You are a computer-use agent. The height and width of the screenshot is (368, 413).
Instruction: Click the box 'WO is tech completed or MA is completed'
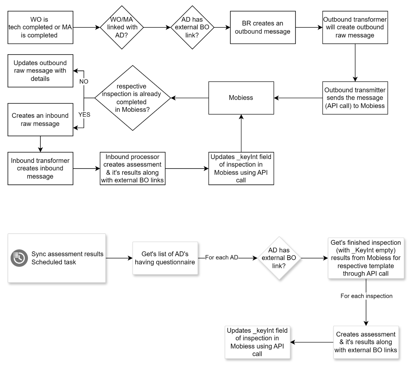(x=40, y=27)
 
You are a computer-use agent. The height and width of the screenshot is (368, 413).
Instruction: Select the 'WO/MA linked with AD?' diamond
(x=122, y=27)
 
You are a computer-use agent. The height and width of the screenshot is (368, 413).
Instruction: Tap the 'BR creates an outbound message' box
(x=263, y=27)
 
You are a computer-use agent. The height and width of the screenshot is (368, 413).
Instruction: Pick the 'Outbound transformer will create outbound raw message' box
(x=355, y=27)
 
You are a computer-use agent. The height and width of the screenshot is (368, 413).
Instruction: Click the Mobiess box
(x=241, y=98)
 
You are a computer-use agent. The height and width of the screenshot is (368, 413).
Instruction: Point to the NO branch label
(x=84, y=82)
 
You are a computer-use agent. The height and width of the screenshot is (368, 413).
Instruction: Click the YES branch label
(x=84, y=115)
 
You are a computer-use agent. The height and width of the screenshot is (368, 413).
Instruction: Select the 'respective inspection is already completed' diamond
(x=132, y=98)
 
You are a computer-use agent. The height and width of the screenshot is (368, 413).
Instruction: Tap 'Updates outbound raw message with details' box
(x=40, y=71)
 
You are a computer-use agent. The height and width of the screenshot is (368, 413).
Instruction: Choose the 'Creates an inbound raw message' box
(x=40, y=120)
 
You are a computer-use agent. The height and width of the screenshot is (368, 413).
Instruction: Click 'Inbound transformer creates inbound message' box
(x=40, y=168)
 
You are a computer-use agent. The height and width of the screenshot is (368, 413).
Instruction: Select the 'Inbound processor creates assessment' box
(x=132, y=168)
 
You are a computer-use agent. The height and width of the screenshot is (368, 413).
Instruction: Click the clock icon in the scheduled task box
(x=19, y=258)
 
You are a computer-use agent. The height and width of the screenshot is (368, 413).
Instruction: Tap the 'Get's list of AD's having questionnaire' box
(x=165, y=258)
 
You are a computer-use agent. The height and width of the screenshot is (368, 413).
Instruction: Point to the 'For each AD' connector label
(x=222, y=258)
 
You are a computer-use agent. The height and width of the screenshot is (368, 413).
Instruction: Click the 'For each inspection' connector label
(x=366, y=296)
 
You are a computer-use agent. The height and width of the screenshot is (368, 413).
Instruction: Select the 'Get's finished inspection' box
(x=366, y=258)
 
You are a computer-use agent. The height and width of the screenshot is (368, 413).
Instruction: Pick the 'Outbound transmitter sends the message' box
(x=355, y=98)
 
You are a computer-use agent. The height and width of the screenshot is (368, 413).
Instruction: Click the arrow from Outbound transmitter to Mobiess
(x=298, y=98)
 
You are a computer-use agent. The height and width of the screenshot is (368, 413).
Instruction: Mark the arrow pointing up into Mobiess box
(x=241, y=133)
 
